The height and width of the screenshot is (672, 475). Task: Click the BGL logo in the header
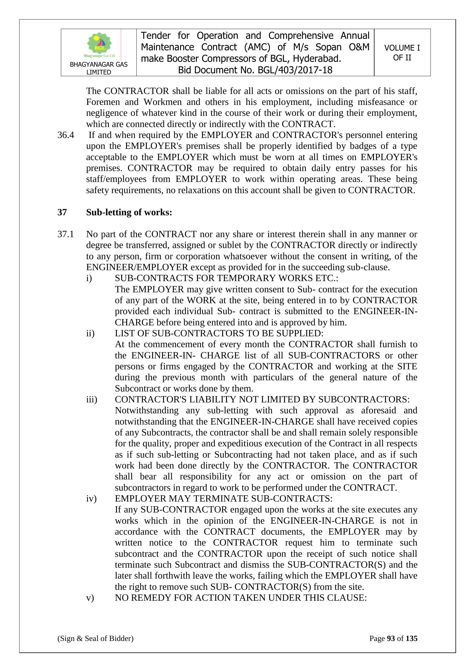99,44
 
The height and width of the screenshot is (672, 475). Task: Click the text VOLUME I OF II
402,53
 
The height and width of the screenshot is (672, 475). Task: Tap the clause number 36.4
66,135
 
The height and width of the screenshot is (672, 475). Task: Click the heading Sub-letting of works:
129,212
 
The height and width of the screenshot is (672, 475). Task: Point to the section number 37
62,212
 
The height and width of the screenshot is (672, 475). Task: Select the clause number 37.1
66,234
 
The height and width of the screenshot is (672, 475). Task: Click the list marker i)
89,278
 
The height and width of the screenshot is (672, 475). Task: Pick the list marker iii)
91,400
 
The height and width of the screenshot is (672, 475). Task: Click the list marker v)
90,598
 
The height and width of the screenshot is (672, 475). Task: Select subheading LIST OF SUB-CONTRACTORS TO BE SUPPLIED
219,333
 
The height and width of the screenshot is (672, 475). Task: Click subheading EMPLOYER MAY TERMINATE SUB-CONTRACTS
223,498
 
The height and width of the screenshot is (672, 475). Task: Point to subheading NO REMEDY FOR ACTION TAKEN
240,598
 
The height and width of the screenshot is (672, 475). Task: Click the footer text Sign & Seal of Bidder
95,638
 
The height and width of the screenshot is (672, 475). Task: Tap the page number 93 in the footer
391,638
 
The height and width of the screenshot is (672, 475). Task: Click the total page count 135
412,638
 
